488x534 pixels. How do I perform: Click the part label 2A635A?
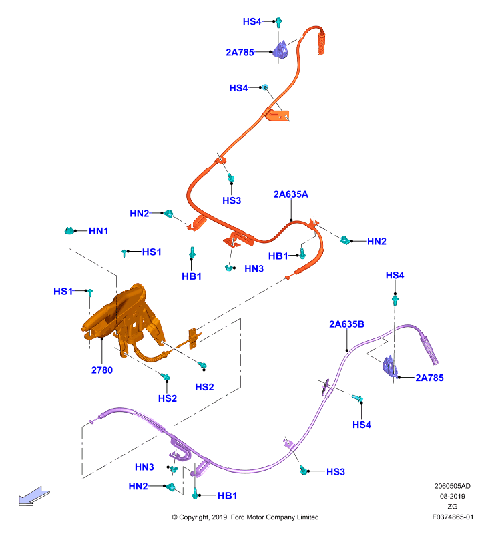tap(290, 194)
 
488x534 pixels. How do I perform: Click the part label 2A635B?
tap(346, 324)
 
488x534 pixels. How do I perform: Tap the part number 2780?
tap(102, 370)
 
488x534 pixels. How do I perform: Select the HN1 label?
tap(98, 231)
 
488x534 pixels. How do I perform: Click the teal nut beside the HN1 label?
tap(69, 230)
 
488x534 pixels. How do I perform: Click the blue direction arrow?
tap(34, 496)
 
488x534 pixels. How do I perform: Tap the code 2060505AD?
tap(452, 486)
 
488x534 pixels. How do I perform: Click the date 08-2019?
tap(452, 496)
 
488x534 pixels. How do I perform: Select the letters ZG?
tap(452, 507)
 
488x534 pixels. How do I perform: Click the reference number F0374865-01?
tap(453, 517)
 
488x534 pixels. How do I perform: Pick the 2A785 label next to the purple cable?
tap(429, 378)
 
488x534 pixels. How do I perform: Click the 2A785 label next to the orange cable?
tap(240, 53)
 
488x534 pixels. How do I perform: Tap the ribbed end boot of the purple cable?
tap(430, 351)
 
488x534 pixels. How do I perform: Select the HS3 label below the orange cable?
tap(232, 200)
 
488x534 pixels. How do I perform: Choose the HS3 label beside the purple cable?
tap(335, 472)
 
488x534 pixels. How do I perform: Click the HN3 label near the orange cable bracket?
tap(254, 269)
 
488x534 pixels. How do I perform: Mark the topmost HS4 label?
tap(252, 22)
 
